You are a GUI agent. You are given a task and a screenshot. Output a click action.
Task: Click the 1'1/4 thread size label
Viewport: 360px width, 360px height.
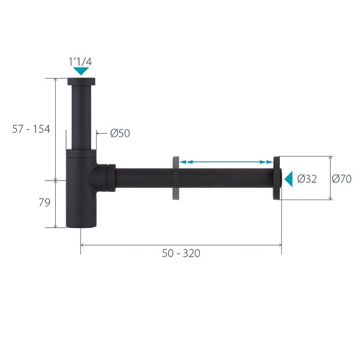(80, 61)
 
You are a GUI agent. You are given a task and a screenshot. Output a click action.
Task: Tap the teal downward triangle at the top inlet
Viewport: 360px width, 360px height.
(80, 71)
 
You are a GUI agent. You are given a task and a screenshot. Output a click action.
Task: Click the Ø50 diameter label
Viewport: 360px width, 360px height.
(120, 133)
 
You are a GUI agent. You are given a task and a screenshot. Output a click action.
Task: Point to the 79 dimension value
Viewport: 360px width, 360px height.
(44, 203)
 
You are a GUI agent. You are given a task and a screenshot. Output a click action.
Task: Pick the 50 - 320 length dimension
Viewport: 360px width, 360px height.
(181, 253)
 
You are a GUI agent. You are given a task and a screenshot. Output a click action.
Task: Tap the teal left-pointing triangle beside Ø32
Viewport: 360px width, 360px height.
(288, 178)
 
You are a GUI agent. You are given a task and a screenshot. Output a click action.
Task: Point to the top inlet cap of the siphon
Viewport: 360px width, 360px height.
(80, 81)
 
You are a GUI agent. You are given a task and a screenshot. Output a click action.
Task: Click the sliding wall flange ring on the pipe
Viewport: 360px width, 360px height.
(175, 178)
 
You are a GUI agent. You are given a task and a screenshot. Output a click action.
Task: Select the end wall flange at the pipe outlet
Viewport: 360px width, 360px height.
(277, 178)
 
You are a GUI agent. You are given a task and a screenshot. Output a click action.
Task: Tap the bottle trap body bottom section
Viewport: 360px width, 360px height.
(80, 204)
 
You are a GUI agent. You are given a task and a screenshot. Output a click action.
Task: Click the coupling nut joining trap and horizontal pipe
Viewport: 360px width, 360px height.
(109, 177)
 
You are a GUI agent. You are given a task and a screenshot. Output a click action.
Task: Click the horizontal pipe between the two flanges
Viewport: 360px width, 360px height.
(227, 178)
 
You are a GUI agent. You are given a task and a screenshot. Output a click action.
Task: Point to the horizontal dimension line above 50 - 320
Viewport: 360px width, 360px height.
(181, 245)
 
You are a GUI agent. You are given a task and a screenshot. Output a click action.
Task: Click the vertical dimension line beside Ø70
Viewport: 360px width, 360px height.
(330, 178)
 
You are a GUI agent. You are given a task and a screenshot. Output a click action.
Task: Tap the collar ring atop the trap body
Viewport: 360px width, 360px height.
(80, 152)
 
